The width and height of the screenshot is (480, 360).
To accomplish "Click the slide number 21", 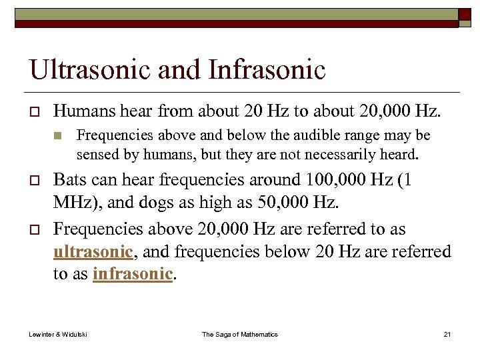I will (x=447, y=334).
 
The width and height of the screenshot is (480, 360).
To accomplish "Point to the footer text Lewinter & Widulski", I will (x=58, y=334).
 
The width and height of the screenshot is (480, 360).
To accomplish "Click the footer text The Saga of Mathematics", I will (x=240, y=334).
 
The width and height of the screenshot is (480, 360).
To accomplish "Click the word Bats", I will (x=69, y=180).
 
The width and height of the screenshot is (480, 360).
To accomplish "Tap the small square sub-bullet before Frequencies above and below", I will (x=58, y=136).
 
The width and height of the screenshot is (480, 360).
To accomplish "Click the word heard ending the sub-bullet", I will (x=398, y=155).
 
